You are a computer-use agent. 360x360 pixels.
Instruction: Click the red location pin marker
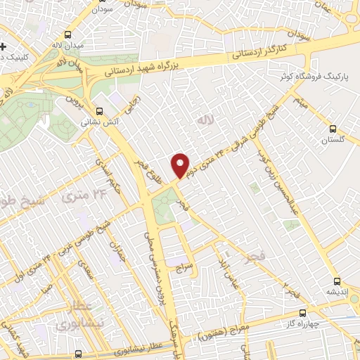(181, 165)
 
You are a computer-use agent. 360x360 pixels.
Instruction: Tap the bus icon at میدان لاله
(67, 34)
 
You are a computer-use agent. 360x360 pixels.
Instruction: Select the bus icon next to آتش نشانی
(99, 110)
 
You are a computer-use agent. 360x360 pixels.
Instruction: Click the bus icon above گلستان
(334, 129)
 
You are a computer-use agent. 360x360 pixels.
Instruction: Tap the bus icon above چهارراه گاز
(302, 312)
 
